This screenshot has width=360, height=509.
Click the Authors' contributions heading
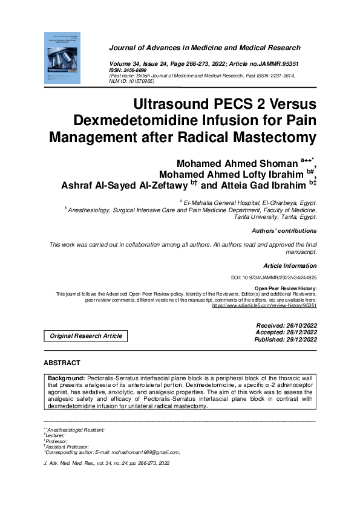coord(284,231)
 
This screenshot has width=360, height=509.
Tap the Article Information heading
coord(290,266)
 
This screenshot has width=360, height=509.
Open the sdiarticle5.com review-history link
coord(264,306)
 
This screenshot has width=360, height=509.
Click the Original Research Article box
coord(86,336)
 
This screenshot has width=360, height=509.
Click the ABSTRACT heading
coord(62,363)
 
